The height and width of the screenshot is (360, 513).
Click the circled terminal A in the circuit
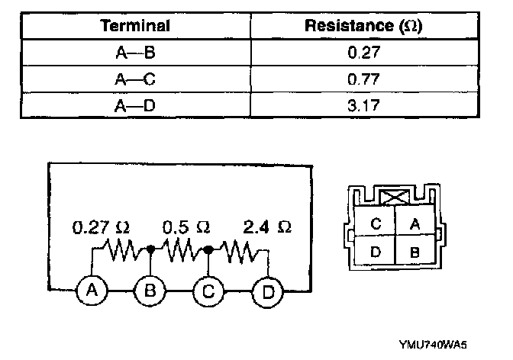tap(90, 291)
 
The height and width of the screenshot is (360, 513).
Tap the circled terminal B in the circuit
tap(150, 291)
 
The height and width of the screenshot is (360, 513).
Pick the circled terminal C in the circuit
tap(208, 291)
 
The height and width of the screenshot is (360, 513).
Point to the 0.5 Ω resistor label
tap(187, 227)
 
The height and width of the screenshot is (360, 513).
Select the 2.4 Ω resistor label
tap(267, 227)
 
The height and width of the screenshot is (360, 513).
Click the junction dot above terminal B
tap(152, 249)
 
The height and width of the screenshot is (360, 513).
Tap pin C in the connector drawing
tap(376, 223)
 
